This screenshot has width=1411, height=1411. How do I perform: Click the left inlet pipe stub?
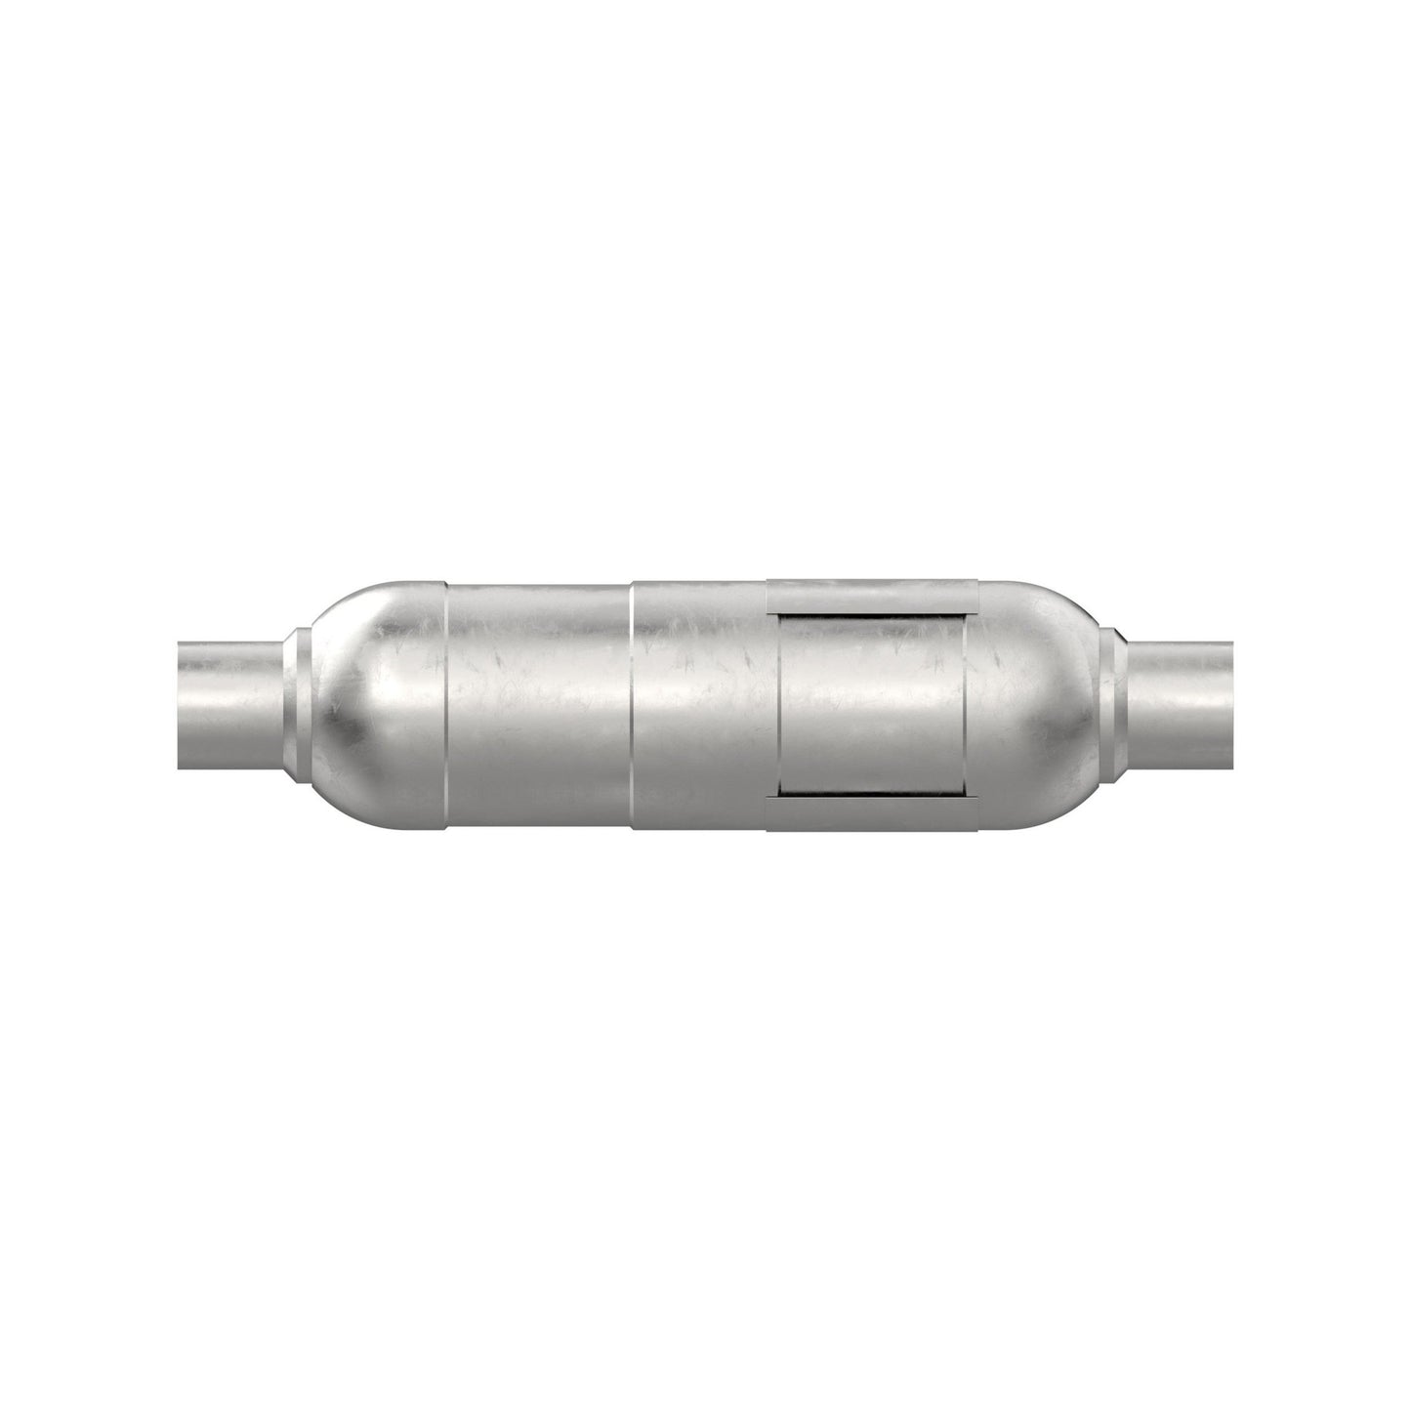[229, 706]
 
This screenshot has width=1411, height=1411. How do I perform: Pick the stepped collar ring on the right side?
[1111, 706]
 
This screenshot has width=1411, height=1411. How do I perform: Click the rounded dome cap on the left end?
[376, 706]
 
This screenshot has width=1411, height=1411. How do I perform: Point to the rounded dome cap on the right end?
[1035, 706]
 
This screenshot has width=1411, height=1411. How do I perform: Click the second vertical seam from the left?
[632, 706]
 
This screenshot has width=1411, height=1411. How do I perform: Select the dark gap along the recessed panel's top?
[872, 618]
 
